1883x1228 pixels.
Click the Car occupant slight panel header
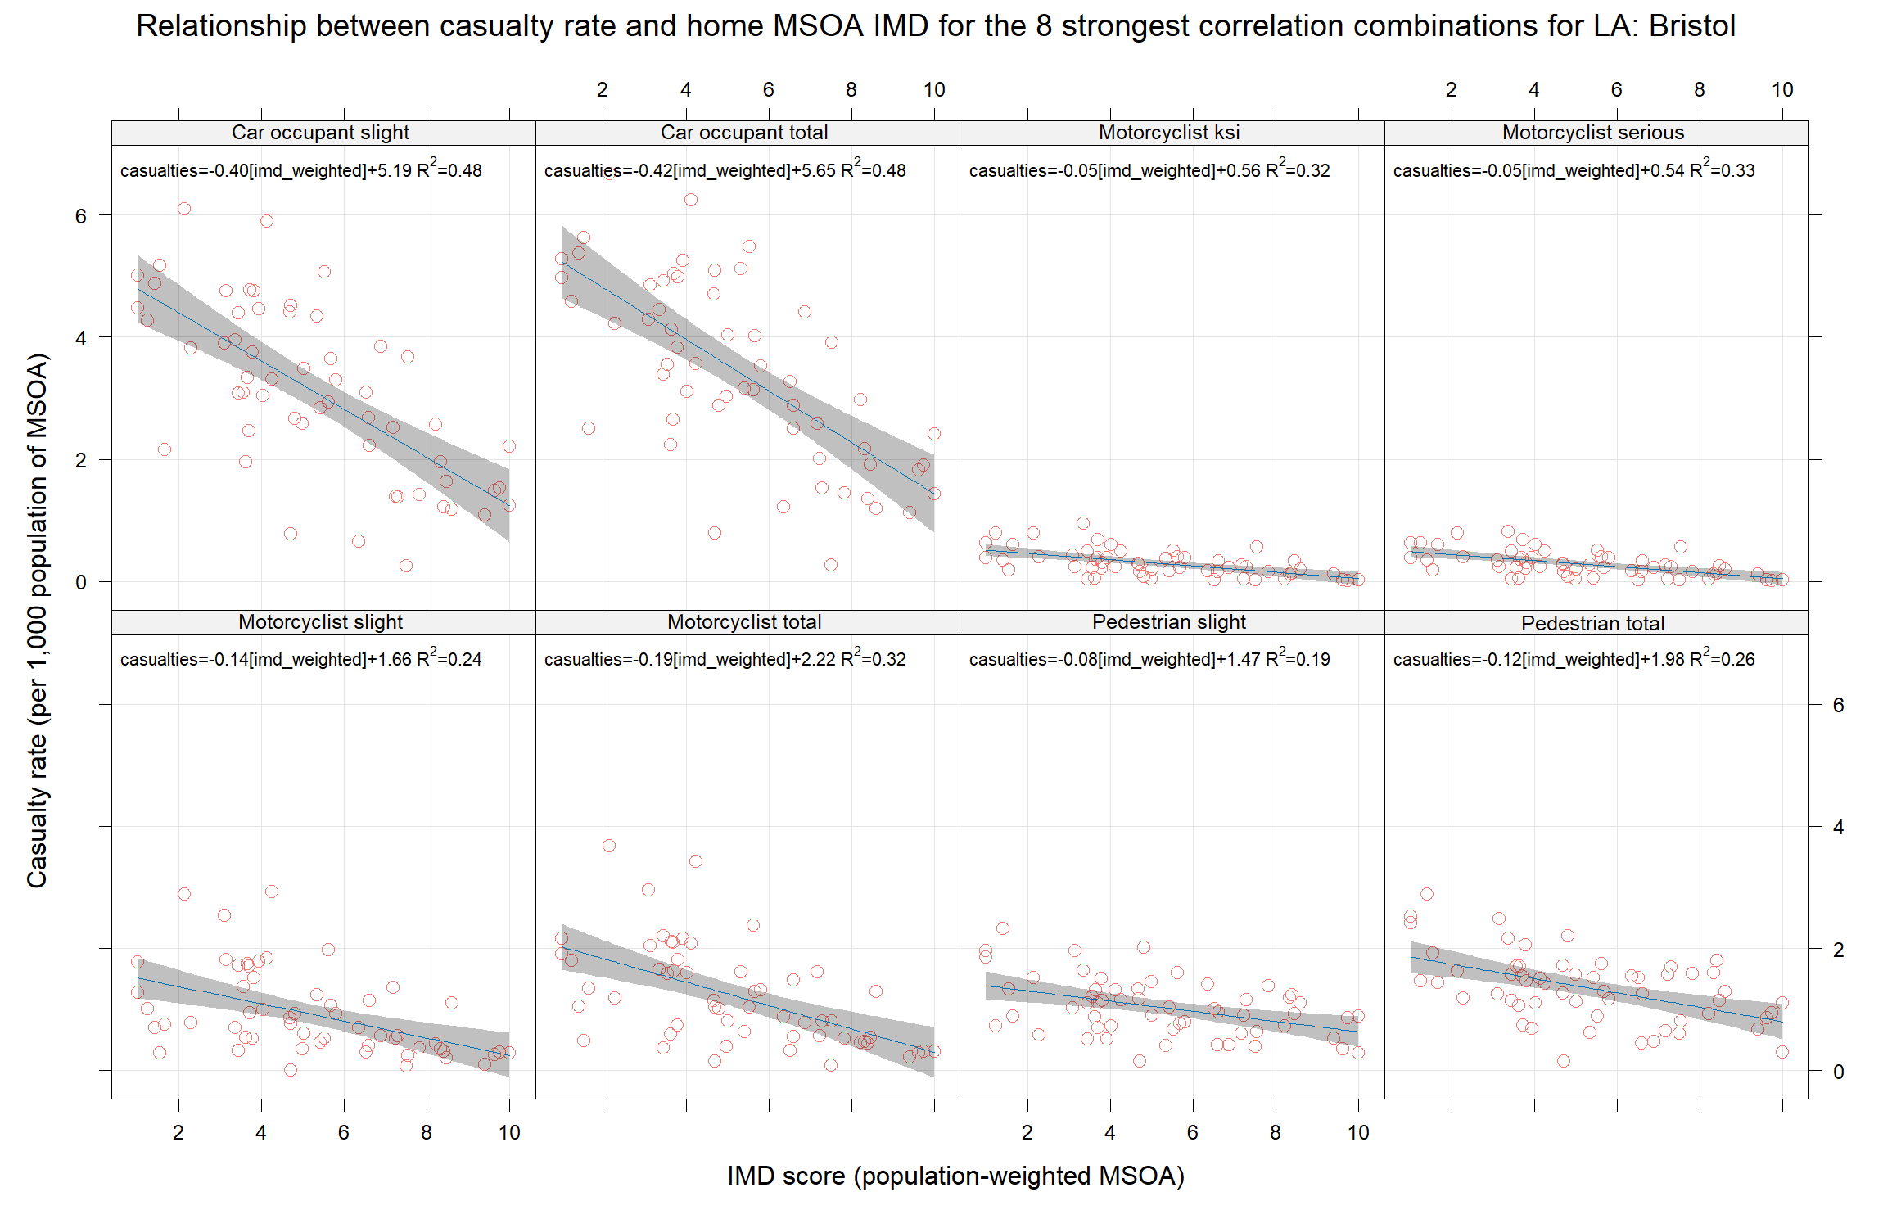click(320, 133)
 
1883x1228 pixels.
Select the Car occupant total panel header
click(744, 133)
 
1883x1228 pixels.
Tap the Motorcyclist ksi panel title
click(1169, 133)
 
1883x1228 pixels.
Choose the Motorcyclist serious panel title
click(1593, 133)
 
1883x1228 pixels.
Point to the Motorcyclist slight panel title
click(320, 622)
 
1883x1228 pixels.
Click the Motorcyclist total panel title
click(744, 622)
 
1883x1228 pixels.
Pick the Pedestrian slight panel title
click(1169, 622)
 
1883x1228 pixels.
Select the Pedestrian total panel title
click(1593, 624)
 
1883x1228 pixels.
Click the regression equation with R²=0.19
click(1149, 659)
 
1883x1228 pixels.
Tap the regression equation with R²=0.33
click(1574, 170)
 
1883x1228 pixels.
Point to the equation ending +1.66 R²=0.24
click(300, 659)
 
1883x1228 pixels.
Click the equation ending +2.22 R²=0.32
click(725, 659)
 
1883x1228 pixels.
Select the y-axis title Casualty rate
click(38, 620)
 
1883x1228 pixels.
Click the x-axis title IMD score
click(955, 1176)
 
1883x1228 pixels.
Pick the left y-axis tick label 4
click(80, 338)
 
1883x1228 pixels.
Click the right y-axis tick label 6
click(1838, 705)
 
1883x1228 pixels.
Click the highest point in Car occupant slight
click(184, 209)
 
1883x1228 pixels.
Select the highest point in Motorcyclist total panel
click(609, 846)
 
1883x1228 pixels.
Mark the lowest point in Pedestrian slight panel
click(1140, 1061)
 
